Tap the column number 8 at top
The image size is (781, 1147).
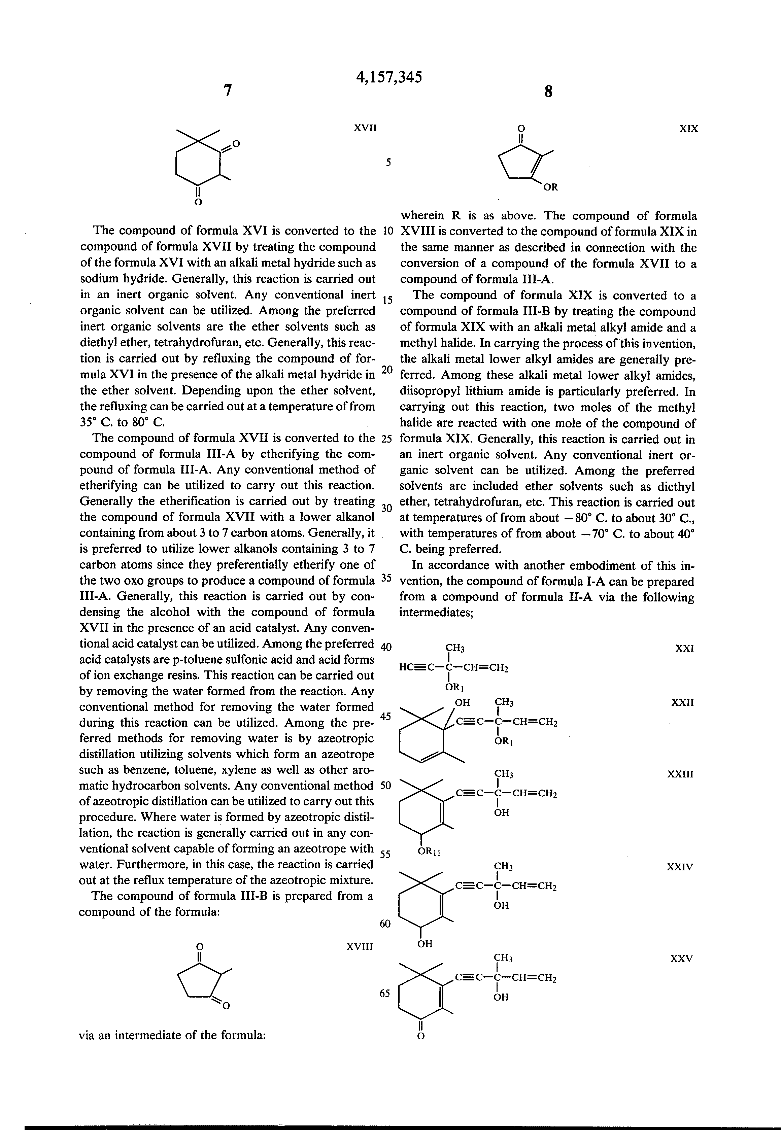(548, 92)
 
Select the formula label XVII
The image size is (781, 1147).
(365, 128)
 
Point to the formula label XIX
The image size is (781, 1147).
(689, 129)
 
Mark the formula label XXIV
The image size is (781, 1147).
(680, 867)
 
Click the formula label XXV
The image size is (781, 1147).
(681, 959)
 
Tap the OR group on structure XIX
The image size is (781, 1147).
(550, 187)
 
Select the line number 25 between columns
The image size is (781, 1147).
(386, 438)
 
